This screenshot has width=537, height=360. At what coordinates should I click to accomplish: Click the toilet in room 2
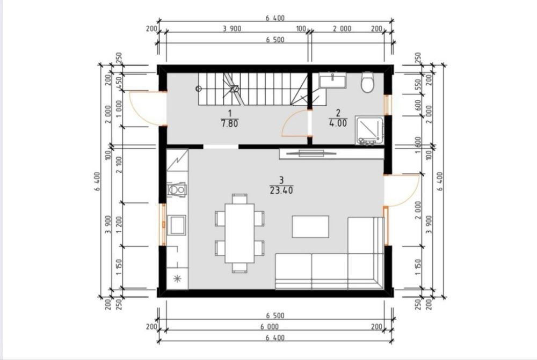(x=367, y=82)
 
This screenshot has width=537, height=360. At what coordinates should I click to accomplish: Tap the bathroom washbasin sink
(x=332, y=80)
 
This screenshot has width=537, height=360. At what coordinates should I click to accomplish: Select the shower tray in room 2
(x=369, y=130)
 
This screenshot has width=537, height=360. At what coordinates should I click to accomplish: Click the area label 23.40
(x=281, y=190)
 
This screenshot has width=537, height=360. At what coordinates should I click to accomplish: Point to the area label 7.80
(x=229, y=123)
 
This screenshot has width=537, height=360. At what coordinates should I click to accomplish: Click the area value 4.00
(x=338, y=123)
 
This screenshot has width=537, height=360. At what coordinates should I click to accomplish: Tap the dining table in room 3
(x=240, y=233)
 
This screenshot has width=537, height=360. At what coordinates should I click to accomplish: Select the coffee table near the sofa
(x=310, y=226)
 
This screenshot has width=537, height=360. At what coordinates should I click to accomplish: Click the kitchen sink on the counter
(x=177, y=225)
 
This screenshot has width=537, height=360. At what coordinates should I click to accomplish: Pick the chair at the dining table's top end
(x=240, y=199)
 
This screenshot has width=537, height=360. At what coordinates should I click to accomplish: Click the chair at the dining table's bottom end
(x=240, y=268)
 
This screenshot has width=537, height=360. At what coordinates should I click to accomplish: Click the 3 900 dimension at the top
(x=232, y=29)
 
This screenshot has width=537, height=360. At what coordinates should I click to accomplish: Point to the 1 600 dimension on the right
(x=418, y=145)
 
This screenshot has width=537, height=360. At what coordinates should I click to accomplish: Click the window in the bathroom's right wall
(x=387, y=105)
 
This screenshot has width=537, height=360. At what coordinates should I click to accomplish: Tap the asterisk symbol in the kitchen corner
(x=177, y=278)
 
